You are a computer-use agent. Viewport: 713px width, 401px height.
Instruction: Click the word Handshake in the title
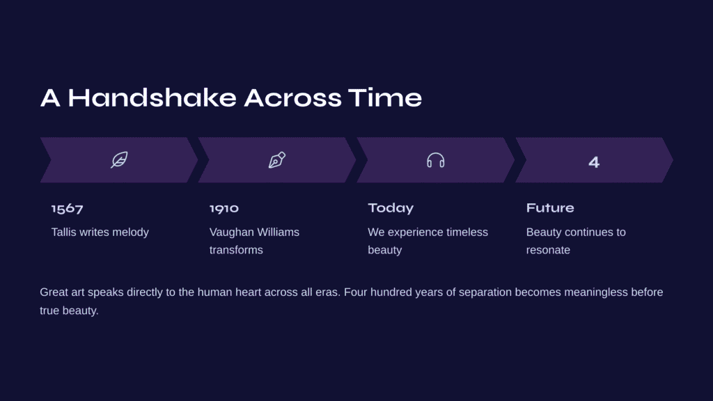click(152, 97)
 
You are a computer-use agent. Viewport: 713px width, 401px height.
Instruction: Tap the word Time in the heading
click(385, 97)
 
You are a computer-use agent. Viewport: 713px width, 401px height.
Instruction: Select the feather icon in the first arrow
click(119, 160)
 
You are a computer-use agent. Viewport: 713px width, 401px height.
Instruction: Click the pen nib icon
click(277, 160)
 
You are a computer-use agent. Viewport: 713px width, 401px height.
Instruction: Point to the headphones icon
click(436, 160)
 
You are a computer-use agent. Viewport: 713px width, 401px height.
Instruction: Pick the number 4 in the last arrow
click(594, 162)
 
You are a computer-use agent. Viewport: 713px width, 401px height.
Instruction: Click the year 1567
click(68, 209)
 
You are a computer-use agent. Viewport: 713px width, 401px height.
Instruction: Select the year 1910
click(224, 208)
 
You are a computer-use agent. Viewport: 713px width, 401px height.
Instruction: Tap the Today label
click(391, 208)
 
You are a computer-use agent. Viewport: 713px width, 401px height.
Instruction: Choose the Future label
click(550, 207)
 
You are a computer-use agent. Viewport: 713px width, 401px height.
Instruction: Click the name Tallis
click(63, 232)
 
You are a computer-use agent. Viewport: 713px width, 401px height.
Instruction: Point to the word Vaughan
click(229, 232)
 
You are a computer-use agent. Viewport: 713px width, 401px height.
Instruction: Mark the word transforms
click(236, 250)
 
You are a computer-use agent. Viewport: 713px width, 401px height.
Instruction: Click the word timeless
click(467, 232)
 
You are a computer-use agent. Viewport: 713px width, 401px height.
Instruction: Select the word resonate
click(548, 250)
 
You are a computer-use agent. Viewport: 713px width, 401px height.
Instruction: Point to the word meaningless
click(596, 292)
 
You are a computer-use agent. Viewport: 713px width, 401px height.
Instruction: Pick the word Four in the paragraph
click(355, 292)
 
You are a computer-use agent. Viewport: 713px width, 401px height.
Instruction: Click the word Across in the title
click(292, 97)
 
